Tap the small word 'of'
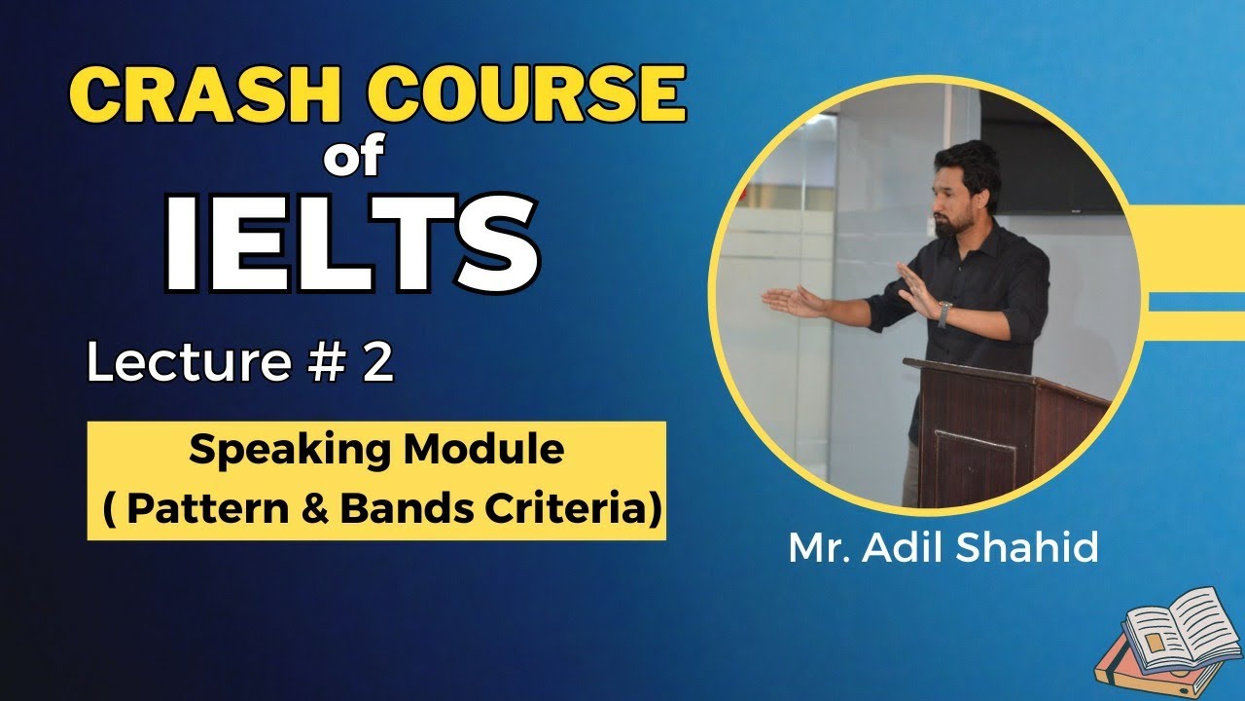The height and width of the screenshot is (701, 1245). point(354,160)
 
